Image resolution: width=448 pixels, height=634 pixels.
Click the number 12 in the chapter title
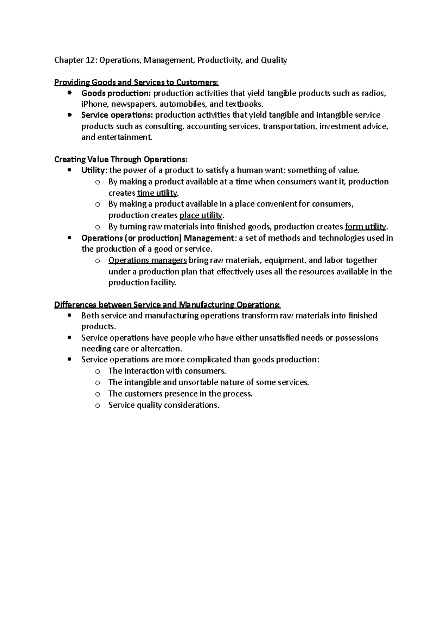coord(90,60)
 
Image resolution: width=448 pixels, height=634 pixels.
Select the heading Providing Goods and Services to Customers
coord(136,82)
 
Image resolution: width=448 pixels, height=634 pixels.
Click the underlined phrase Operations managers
coord(147,260)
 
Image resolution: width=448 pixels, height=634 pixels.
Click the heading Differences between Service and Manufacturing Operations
coord(167,305)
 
